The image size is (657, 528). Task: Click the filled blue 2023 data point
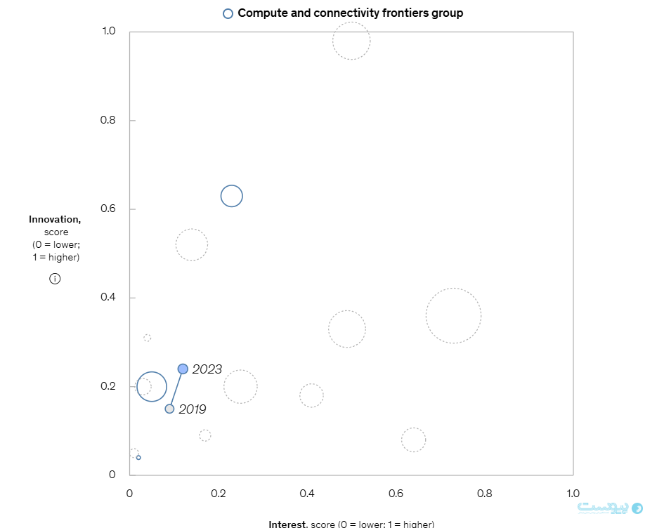click(x=183, y=369)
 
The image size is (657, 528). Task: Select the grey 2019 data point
click(x=169, y=409)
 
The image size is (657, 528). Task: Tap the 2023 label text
click(x=207, y=369)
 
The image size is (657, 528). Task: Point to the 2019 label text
click(x=193, y=409)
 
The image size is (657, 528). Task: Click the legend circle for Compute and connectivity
click(x=228, y=13)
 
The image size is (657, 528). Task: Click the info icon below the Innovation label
click(x=55, y=279)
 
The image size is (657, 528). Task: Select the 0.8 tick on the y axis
click(x=108, y=120)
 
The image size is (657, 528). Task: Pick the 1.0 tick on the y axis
click(x=108, y=32)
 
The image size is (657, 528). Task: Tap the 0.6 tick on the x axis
click(x=396, y=493)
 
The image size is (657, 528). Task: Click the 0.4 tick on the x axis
click(x=307, y=493)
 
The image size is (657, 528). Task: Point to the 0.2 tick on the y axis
click(x=108, y=386)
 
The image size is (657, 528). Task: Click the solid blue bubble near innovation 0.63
click(x=231, y=196)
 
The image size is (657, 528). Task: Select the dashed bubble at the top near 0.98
click(x=351, y=41)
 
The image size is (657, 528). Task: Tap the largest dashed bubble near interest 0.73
click(x=453, y=316)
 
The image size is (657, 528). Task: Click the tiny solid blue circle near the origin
click(x=138, y=457)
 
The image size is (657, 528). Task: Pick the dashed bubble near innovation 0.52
click(x=191, y=245)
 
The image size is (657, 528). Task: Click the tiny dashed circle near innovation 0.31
click(x=148, y=338)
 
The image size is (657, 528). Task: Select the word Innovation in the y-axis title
click(x=55, y=220)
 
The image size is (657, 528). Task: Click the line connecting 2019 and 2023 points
click(x=176, y=388)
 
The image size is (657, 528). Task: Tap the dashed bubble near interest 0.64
click(x=413, y=440)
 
